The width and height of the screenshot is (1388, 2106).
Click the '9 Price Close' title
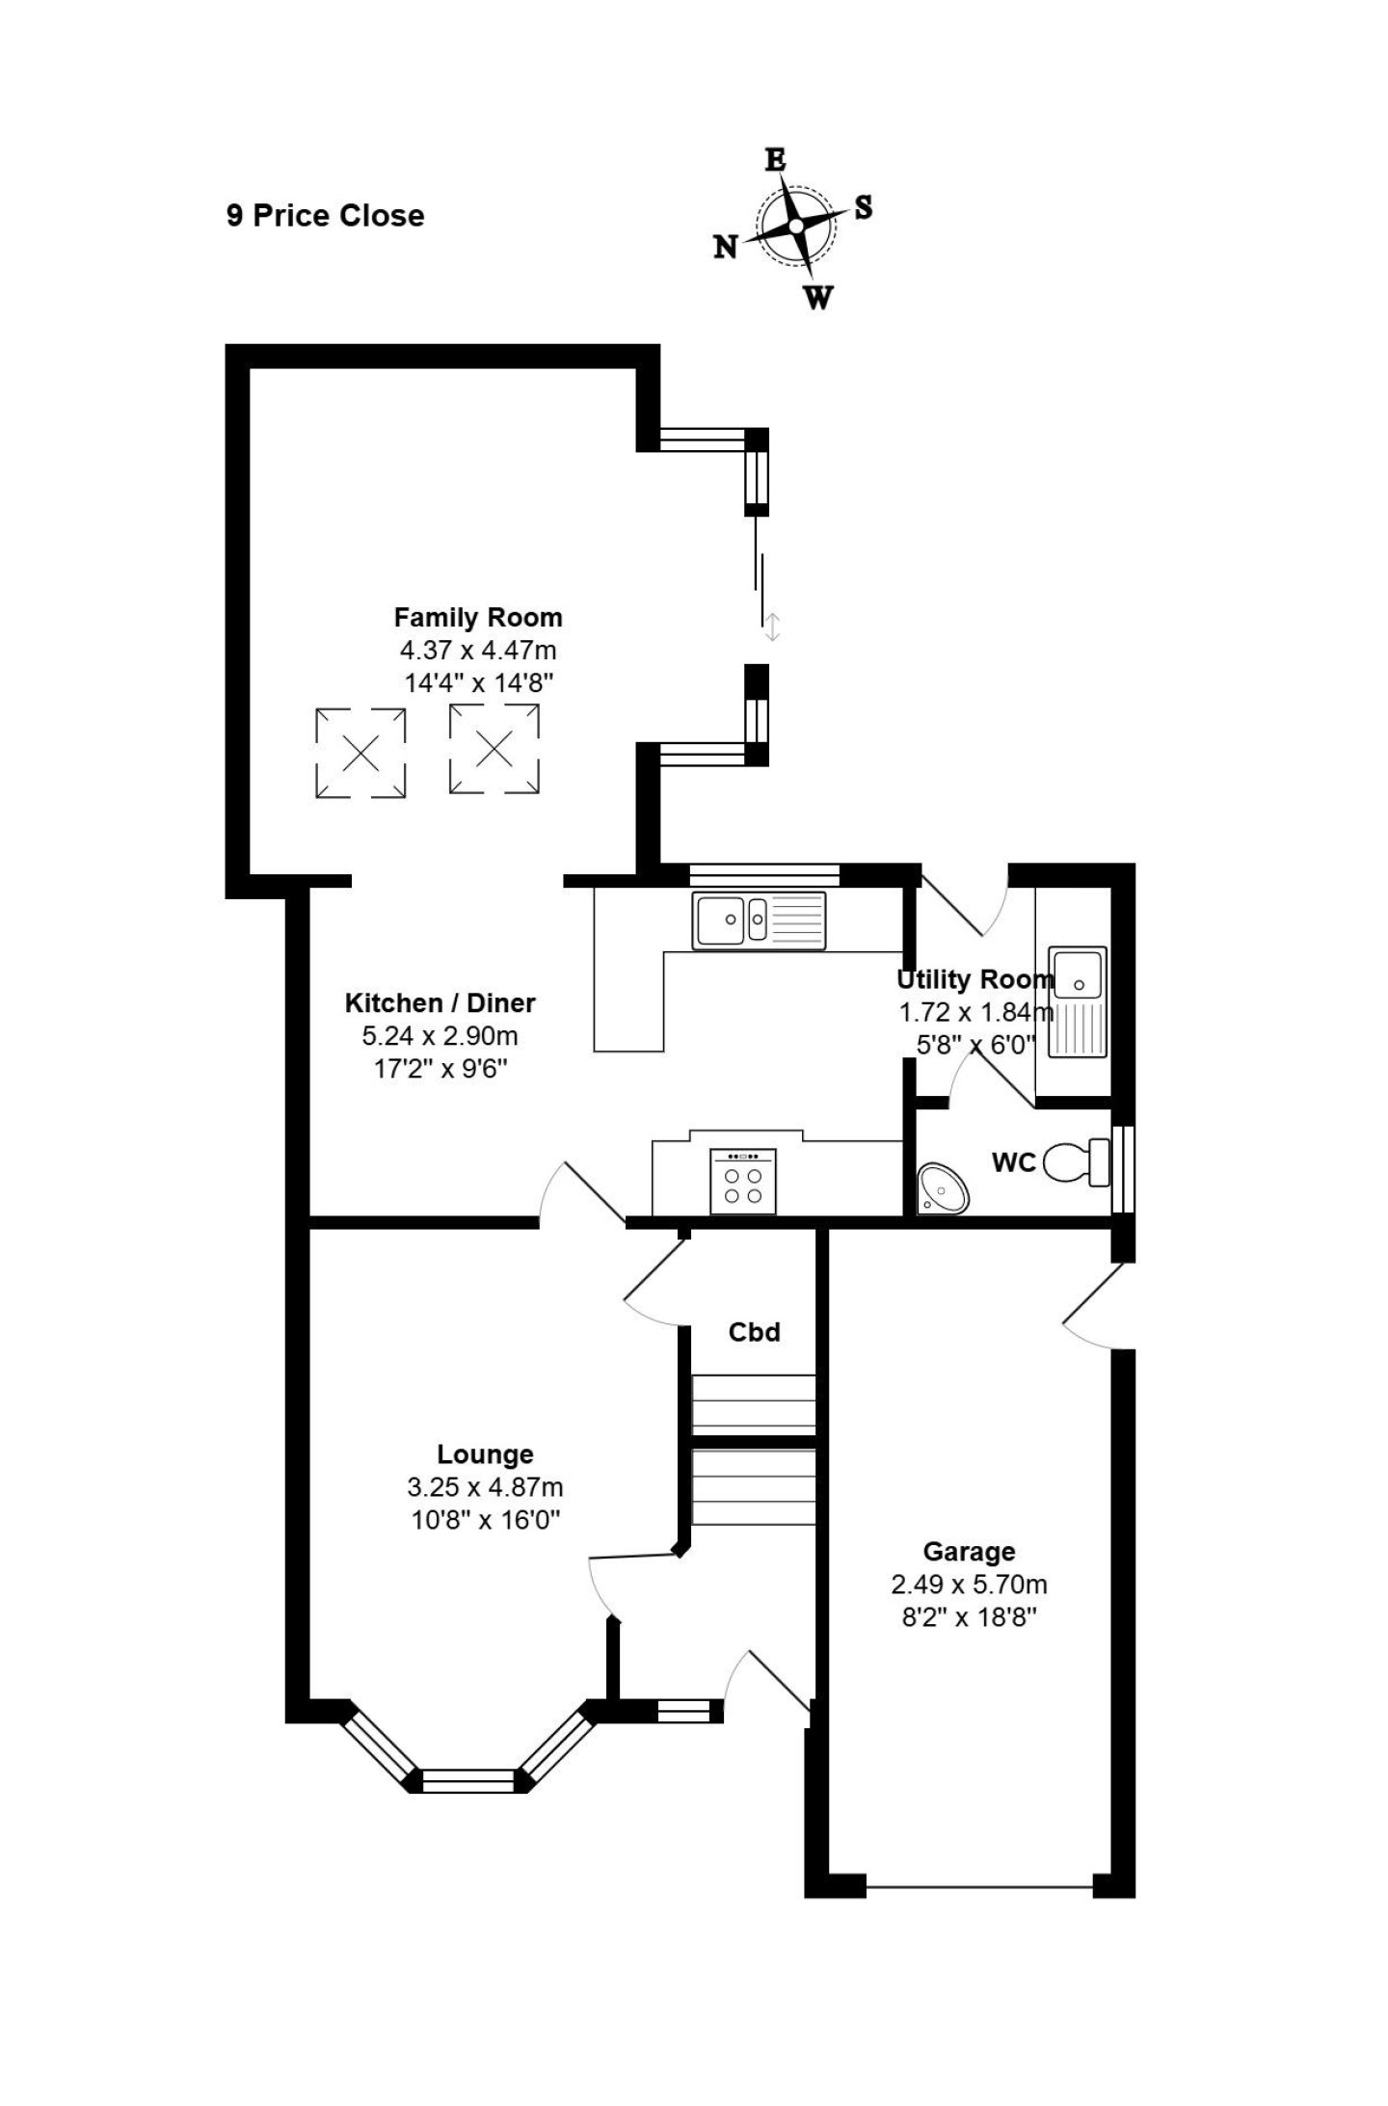(326, 215)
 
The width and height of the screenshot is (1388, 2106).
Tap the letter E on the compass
(775, 160)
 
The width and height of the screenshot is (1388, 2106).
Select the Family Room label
(478, 617)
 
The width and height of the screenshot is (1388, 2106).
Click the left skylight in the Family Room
(360, 752)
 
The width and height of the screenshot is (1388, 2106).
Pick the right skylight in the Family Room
(494, 749)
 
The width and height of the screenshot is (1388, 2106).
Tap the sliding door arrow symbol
(771, 626)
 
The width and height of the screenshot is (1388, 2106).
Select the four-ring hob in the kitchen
(742, 1181)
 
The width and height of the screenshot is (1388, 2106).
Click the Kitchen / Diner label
(440, 1003)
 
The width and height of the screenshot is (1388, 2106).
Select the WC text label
(1014, 1162)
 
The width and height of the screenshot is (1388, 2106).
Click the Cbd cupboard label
(754, 1332)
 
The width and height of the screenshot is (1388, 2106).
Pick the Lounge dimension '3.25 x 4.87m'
(485, 1487)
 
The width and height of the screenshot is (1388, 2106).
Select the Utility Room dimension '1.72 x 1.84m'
(976, 1012)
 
